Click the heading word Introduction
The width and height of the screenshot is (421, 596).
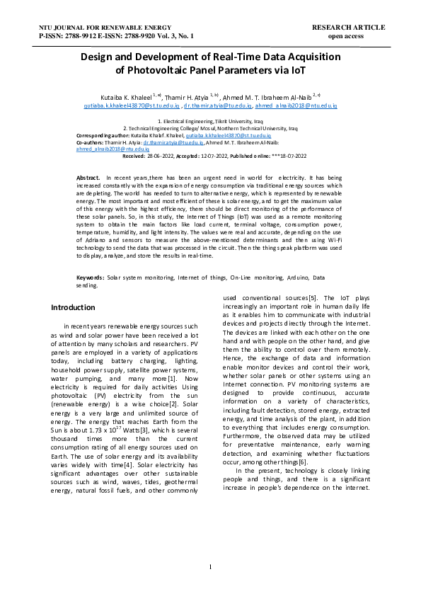(x=73, y=307)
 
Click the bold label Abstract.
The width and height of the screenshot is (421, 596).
(x=88, y=174)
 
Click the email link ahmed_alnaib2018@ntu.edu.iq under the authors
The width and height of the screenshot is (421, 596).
(x=296, y=105)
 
